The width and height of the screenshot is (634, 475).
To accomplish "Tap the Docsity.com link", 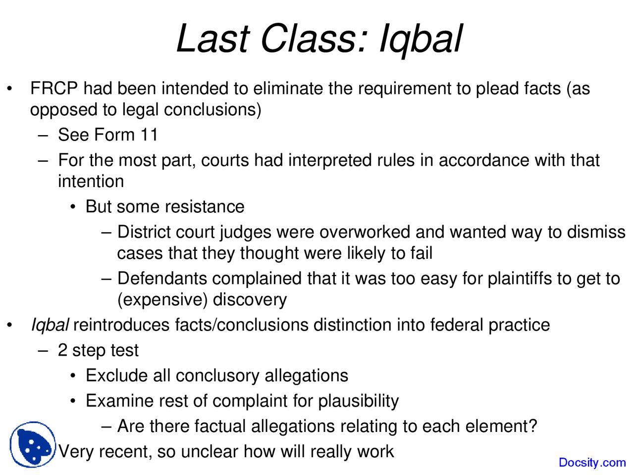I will (x=592, y=463).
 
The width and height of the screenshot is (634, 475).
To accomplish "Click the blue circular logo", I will (x=33, y=444).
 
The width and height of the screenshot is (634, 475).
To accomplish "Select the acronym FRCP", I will (x=54, y=89).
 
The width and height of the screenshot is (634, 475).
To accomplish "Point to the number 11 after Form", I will (x=149, y=135).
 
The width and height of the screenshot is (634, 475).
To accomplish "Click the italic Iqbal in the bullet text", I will (x=50, y=325).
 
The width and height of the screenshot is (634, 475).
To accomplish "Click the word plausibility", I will (x=358, y=401).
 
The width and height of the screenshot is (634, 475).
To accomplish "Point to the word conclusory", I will (x=217, y=376).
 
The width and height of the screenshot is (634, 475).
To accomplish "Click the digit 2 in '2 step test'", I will (x=62, y=350).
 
